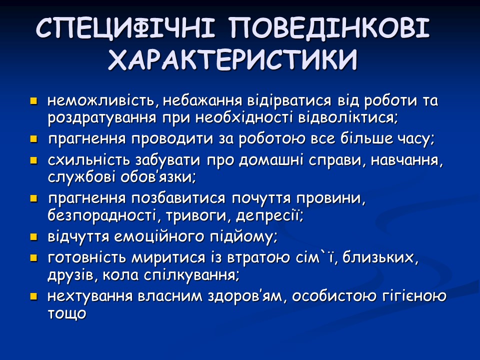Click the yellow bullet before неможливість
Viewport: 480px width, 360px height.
point(34,101)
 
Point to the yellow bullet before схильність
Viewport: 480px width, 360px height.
point(34,161)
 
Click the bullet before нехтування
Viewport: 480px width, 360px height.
point(34,296)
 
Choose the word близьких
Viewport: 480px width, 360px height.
point(381,257)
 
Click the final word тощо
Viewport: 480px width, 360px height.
point(67,314)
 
